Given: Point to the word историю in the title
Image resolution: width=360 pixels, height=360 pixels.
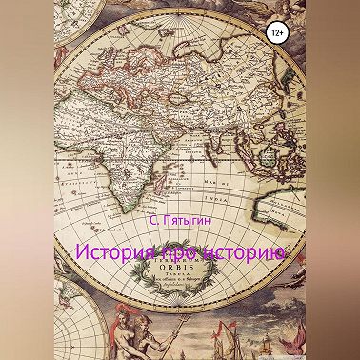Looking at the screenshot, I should click(236, 254).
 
